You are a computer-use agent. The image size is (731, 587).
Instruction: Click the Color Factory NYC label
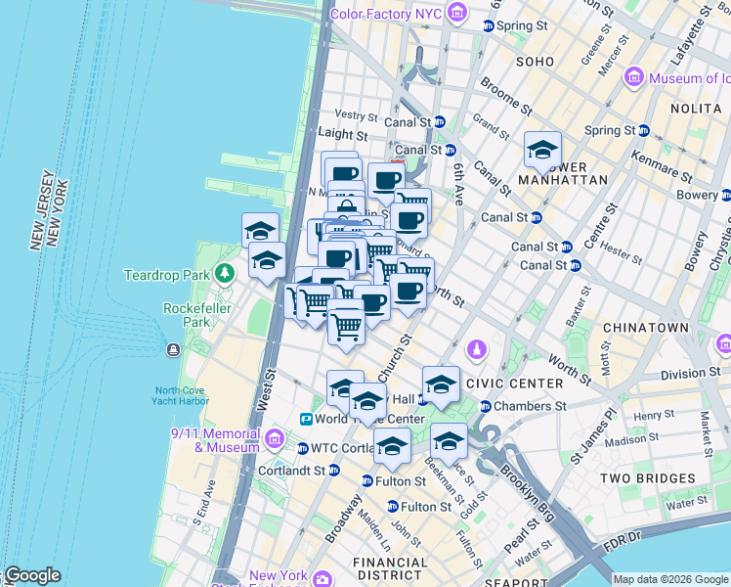point(387,14)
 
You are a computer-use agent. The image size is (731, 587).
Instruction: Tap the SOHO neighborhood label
point(535,61)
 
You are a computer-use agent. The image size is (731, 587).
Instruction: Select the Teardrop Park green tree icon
point(226,271)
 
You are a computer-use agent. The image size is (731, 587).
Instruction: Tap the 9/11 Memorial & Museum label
point(215,440)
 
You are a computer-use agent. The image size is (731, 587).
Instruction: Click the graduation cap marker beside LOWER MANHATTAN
point(542,150)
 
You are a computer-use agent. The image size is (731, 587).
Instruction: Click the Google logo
point(32,575)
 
